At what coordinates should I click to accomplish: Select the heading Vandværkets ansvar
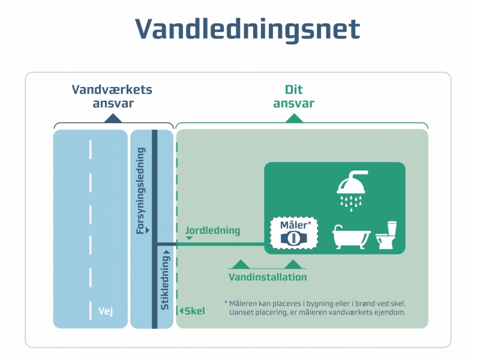coord(112,97)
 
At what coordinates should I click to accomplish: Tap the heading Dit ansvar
coord(293,97)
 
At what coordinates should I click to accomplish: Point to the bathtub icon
coord(352,238)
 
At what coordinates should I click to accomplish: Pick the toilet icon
coord(387,235)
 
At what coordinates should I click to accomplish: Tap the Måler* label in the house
coord(294,225)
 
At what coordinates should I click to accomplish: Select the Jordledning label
coord(213,230)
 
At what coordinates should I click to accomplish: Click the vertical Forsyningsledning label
coord(142,191)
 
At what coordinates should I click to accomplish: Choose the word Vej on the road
coord(106,311)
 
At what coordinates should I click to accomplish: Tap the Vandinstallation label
coord(268,277)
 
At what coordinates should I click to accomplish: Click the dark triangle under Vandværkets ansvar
coord(112,119)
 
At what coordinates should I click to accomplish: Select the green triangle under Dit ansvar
coord(293,119)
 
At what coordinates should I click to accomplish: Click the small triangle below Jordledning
coord(189,238)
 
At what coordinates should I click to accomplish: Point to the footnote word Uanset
coord(242,312)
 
